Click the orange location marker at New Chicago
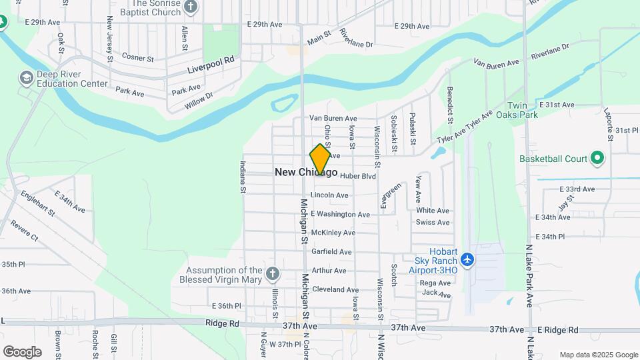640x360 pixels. pyautogui.click(x=320, y=160)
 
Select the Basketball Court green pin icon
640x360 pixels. pyautogui.click(x=597, y=159)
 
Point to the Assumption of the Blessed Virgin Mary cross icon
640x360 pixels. pyautogui.click(x=272, y=273)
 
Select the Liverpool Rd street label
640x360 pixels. pyautogui.click(x=211, y=64)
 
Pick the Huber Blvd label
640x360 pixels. pyautogui.click(x=358, y=176)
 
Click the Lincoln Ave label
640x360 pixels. pyautogui.click(x=329, y=195)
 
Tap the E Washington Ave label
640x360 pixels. pyautogui.click(x=340, y=214)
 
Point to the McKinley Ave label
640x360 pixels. pyautogui.click(x=333, y=233)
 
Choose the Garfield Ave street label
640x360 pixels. pyautogui.click(x=331, y=252)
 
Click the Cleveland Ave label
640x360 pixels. pyautogui.click(x=335, y=289)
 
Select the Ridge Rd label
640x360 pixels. pyautogui.click(x=225, y=323)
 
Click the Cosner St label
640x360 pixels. pyautogui.click(x=138, y=59)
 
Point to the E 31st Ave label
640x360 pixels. pyautogui.click(x=557, y=105)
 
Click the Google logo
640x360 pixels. pyautogui.click(x=22, y=351)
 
